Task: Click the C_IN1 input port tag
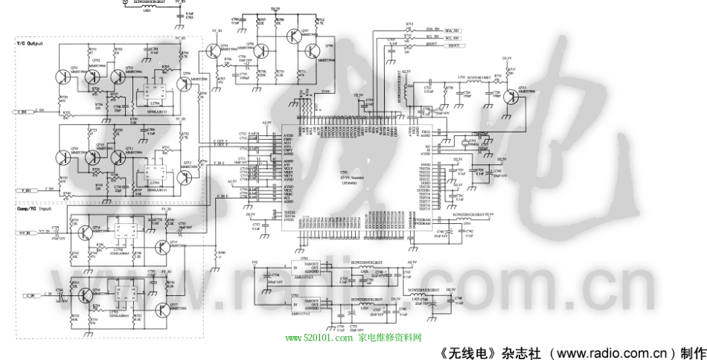click(x=24, y=111)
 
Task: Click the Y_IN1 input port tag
click(x=24, y=191)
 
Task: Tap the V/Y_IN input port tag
click(x=25, y=233)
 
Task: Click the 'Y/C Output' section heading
click(x=31, y=45)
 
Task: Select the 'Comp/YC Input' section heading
click(x=33, y=209)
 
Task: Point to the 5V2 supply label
click(x=255, y=263)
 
